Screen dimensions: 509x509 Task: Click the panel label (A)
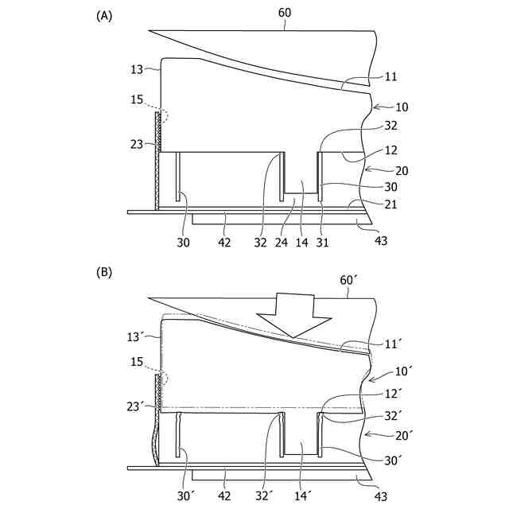click(x=103, y=15)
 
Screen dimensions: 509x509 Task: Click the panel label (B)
click(x=103, y=272)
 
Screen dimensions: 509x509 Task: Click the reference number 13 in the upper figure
click(x=136, y=69)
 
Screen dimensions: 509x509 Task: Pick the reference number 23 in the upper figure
click(x=136, y=143)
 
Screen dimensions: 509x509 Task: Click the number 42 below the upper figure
click(x=225, y=241)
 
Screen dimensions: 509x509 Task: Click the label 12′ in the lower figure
click(x=391, y=393)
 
